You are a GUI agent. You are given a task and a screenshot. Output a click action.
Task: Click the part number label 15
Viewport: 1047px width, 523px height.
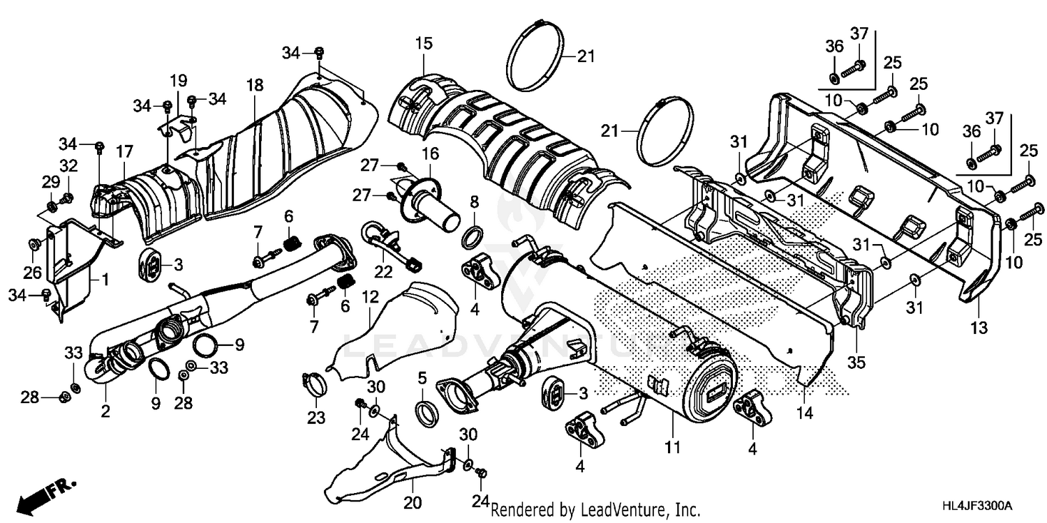click(424, 44)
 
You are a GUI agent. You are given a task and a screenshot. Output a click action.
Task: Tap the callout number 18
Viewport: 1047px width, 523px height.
click(255, 85)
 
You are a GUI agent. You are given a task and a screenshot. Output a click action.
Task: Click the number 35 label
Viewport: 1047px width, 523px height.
click(856, 363)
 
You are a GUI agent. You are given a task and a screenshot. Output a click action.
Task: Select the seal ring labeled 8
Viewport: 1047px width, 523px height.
click(473, 238)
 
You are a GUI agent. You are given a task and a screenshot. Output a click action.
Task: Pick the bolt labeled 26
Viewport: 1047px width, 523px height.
click(33, 243)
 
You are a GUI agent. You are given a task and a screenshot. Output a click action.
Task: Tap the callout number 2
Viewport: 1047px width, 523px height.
click(105, 411)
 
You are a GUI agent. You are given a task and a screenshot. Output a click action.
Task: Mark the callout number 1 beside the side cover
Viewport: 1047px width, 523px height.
click(105, 281)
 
